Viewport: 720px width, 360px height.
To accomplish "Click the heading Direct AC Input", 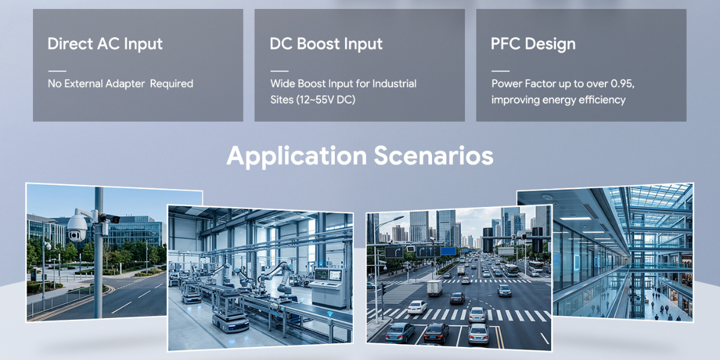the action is tap(105, 44).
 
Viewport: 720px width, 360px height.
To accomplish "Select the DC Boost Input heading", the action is tap(326, 44).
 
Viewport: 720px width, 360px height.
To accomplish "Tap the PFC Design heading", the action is tap(533, 44).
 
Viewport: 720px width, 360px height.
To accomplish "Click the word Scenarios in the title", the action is tap(433, 156).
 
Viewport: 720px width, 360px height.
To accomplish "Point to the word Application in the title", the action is tap(296, 157).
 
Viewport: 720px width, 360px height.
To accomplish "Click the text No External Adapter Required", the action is tap(121, 83).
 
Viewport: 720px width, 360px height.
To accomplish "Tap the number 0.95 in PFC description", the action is tap(622, 83).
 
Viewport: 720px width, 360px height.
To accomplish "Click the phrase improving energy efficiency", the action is tap(559, 100).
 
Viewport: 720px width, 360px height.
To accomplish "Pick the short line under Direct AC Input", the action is tap(57, 71).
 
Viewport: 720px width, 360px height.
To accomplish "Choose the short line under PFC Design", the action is tap(500, 71).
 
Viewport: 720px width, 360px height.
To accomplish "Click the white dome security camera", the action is tap(77, 227).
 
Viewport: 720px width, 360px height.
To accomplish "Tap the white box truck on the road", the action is tap(434, 288).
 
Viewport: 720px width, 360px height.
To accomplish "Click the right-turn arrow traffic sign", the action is tap(394, 252).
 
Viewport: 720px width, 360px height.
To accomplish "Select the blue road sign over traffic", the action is tap(448, 251).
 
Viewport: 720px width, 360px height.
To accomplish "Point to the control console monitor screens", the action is tap(328, 275).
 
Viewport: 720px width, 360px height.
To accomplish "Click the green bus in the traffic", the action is tap(511, 270).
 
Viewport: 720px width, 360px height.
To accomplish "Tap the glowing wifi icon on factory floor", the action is tap(330, 313).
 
